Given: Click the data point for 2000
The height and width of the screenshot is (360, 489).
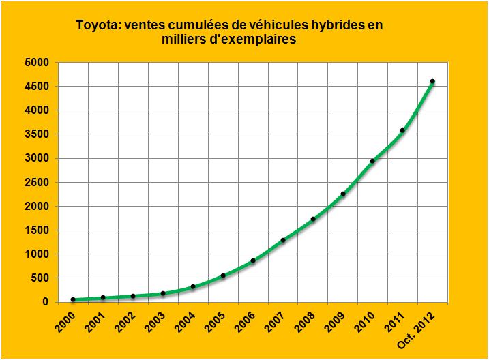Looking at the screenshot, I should point(73,299).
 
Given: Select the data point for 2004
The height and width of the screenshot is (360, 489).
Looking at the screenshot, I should point(193,286).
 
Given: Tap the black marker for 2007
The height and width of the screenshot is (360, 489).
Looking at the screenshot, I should point(283,240).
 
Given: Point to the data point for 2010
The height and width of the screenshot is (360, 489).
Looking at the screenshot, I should point(372,161).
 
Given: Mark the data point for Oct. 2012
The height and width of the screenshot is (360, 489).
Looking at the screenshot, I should point(432,82).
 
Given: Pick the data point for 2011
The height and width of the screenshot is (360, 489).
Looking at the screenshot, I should point(402,130).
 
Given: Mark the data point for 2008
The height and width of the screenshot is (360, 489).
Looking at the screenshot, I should point(312,219).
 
